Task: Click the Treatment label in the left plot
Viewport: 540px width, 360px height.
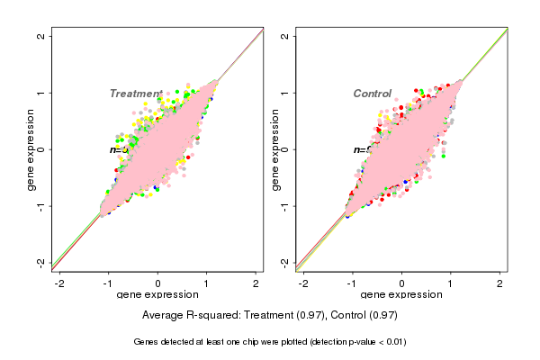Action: pos(136,94)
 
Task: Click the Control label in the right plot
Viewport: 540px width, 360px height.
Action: pos(372,94)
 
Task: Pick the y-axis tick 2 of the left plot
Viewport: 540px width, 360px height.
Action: pos(41,36)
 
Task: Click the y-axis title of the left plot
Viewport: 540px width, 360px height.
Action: pos(31,149)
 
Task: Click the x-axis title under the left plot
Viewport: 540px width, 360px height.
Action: pos(157,295)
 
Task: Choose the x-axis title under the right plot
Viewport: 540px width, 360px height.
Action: pos(401,295)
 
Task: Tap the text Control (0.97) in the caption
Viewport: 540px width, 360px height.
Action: pos(364,316)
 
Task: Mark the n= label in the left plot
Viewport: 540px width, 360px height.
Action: pos(115,150)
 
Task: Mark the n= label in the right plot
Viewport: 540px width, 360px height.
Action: pos(359,150)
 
